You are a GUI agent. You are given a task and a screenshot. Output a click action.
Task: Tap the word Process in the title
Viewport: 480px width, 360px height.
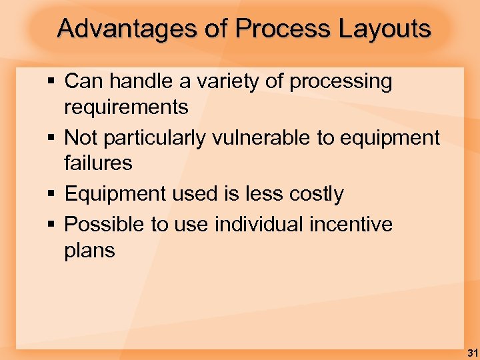283,29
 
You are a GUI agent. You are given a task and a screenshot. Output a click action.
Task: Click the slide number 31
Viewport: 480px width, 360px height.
471,351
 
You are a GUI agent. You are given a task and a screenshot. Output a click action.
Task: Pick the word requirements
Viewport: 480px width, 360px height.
126,107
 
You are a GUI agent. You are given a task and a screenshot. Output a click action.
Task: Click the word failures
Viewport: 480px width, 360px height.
98,163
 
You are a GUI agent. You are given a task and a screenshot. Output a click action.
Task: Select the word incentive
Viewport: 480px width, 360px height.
351,225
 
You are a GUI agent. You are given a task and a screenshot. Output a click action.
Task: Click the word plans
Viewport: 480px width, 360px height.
89,251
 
